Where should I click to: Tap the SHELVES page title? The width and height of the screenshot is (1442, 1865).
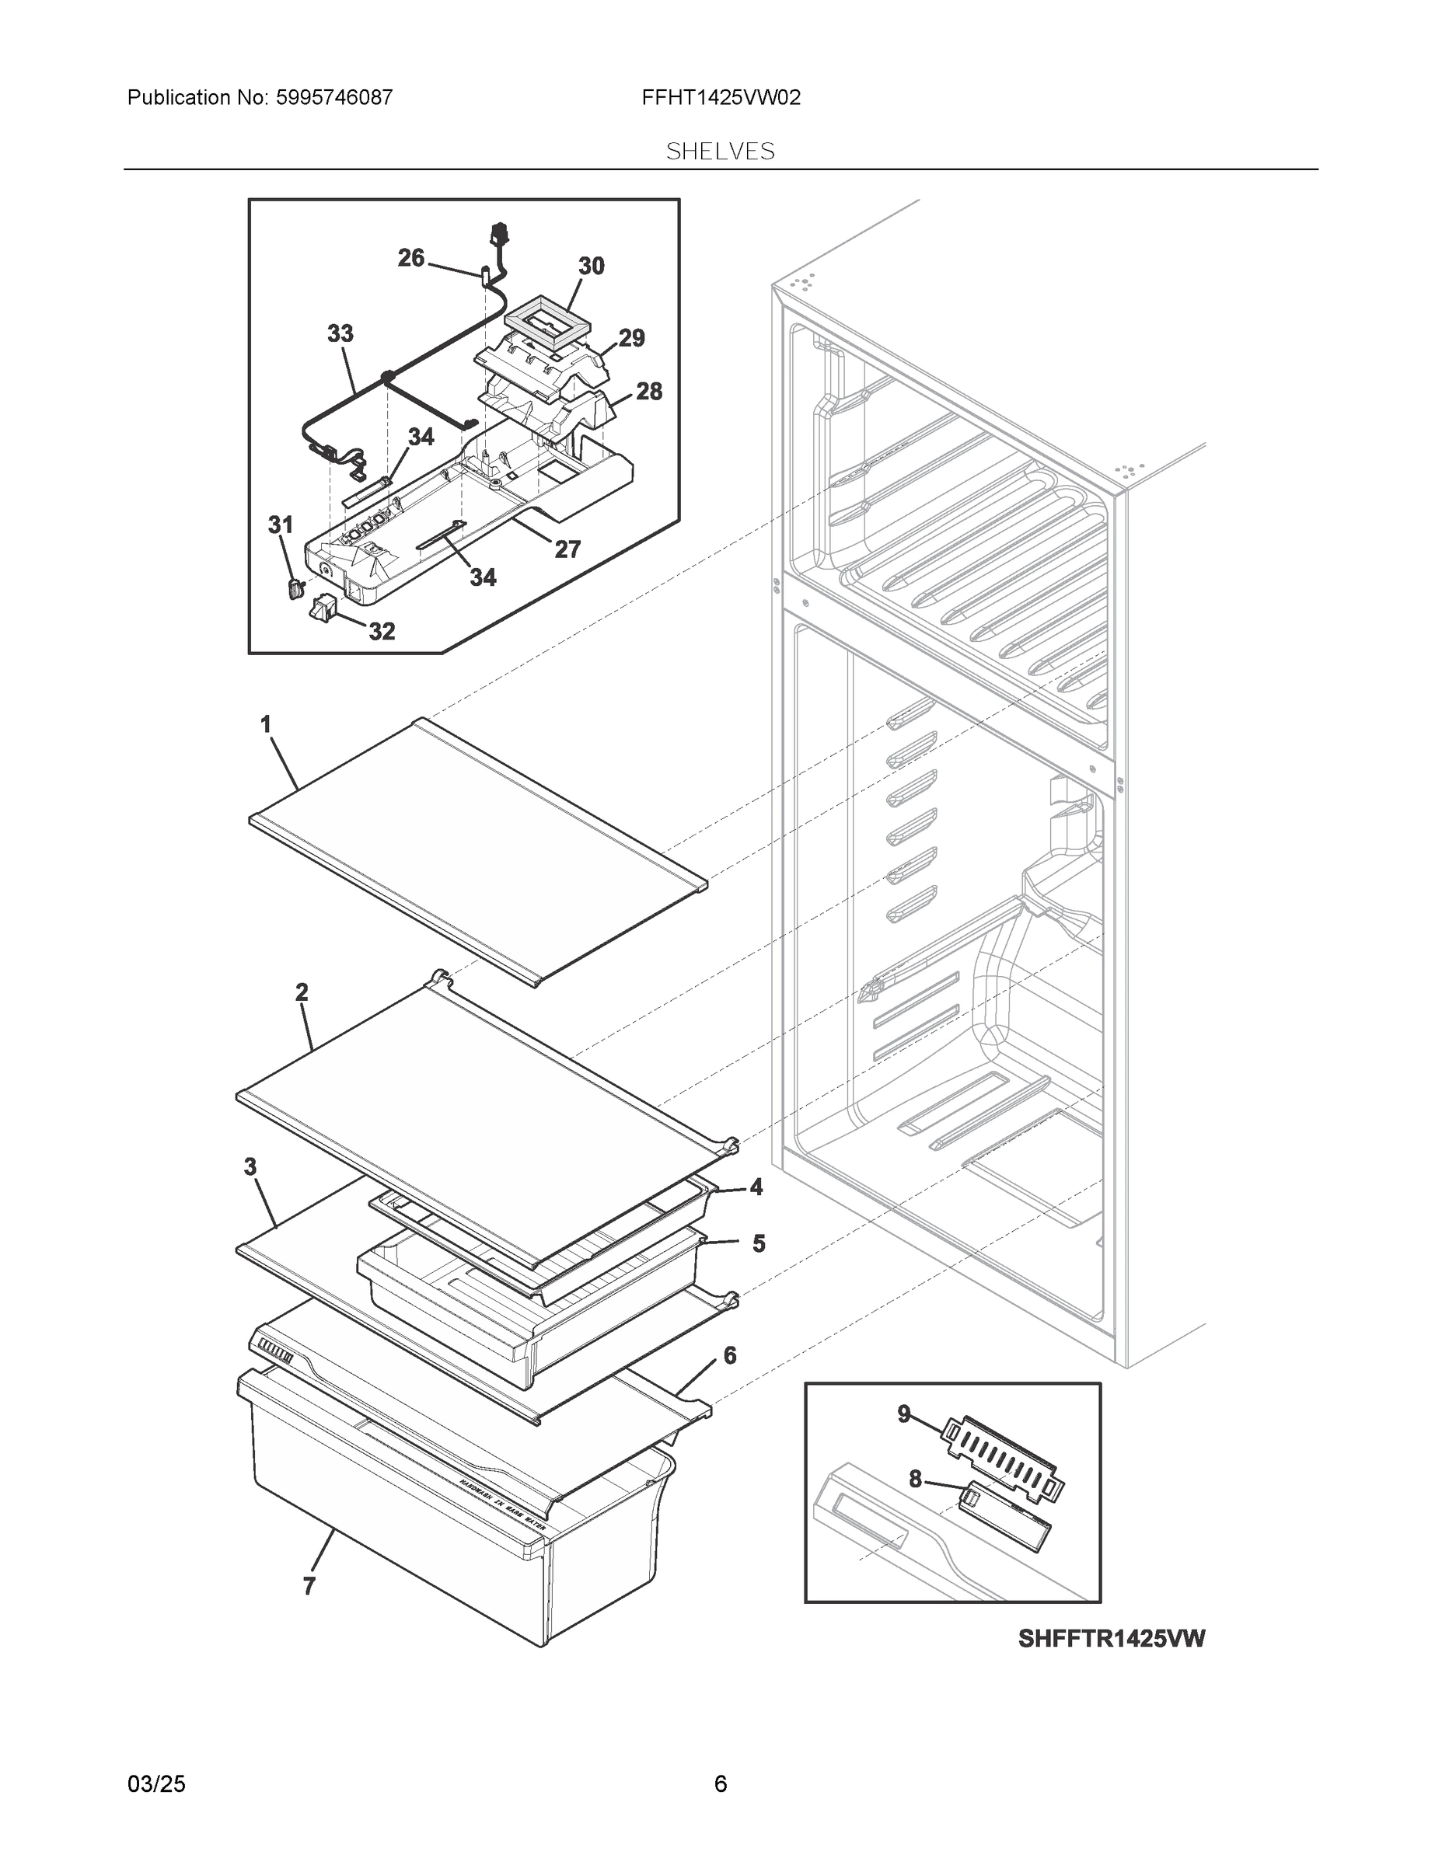(x=720, y=152)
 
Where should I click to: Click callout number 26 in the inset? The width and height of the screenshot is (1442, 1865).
(x=411, y=258)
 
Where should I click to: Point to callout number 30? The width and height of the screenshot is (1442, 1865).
(x=591, y=267)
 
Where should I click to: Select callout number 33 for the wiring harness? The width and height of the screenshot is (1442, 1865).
(x=340, y=334)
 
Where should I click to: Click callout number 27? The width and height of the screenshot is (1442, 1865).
(x=567, y=549)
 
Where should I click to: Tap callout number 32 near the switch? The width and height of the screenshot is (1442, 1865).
(x=381, y=631)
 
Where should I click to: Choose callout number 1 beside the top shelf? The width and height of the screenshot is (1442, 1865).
(x=266, y=724)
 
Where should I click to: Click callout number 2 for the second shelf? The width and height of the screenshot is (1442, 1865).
(x=302, y=992)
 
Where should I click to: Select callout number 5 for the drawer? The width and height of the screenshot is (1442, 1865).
(x=759, y=1244)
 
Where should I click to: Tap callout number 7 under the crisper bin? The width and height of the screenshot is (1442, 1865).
(x=309, y=1587)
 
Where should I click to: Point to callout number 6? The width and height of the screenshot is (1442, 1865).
(x=729, y=1356)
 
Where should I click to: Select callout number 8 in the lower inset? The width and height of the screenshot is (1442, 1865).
(x=915, y=1479)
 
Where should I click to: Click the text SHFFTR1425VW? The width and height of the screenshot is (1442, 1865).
(x=1111, y=1639)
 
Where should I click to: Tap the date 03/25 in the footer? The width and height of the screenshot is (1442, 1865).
(x=156, y=1784)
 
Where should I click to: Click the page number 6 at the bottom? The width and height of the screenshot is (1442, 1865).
(x=720, y=1784)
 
